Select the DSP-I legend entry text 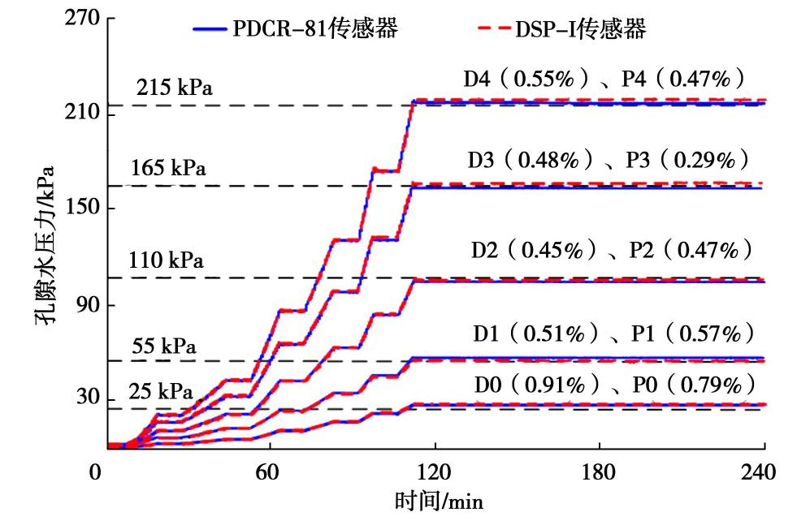click(580, 30)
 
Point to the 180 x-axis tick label click(600, 471)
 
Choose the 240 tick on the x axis click(765, 471)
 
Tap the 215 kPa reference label click(175, 88)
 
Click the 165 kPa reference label click(168, 169)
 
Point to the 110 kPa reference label click(166, 260)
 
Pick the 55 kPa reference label click(162, 346)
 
